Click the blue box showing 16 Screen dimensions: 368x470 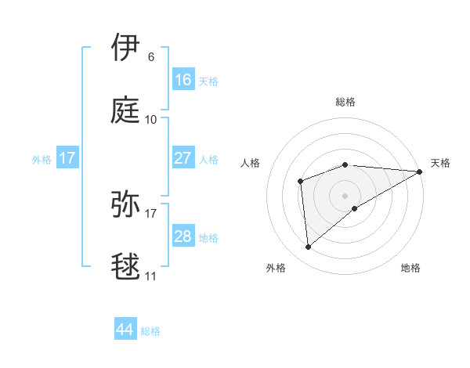pyautogui.click(x=183, y=79)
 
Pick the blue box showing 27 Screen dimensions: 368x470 pyautogui.click(x=183, y=157)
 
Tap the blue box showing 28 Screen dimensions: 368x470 pyautogui.click(x=183, y=236)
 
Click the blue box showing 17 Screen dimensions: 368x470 pyautogui.click(x=67, y=158)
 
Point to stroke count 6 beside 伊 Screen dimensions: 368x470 pyautogui.click(x=151, y=57)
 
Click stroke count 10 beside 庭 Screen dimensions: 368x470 pyautogui.click(x=151, y=120)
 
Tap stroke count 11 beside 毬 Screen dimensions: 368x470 pyautogui.click(x=151, y=276)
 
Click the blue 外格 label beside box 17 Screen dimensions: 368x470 pyautogui.click(x=42, y=159)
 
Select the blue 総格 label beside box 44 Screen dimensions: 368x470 pyautogui.click(x=150, y=330)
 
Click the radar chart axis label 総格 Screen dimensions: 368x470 pyautogui.click(x=345, y=102)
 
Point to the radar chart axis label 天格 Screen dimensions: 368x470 pyautogui.click(x=440, y=163)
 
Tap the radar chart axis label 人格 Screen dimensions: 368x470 pyautogui.click(x=250, y=163)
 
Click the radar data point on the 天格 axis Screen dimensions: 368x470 pyautogui.click(x=420, y=171)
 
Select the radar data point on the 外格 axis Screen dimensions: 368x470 pyautogui.click(x=309, y=247)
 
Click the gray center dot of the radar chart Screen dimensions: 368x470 pyautogui.click(x=345, y=195)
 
